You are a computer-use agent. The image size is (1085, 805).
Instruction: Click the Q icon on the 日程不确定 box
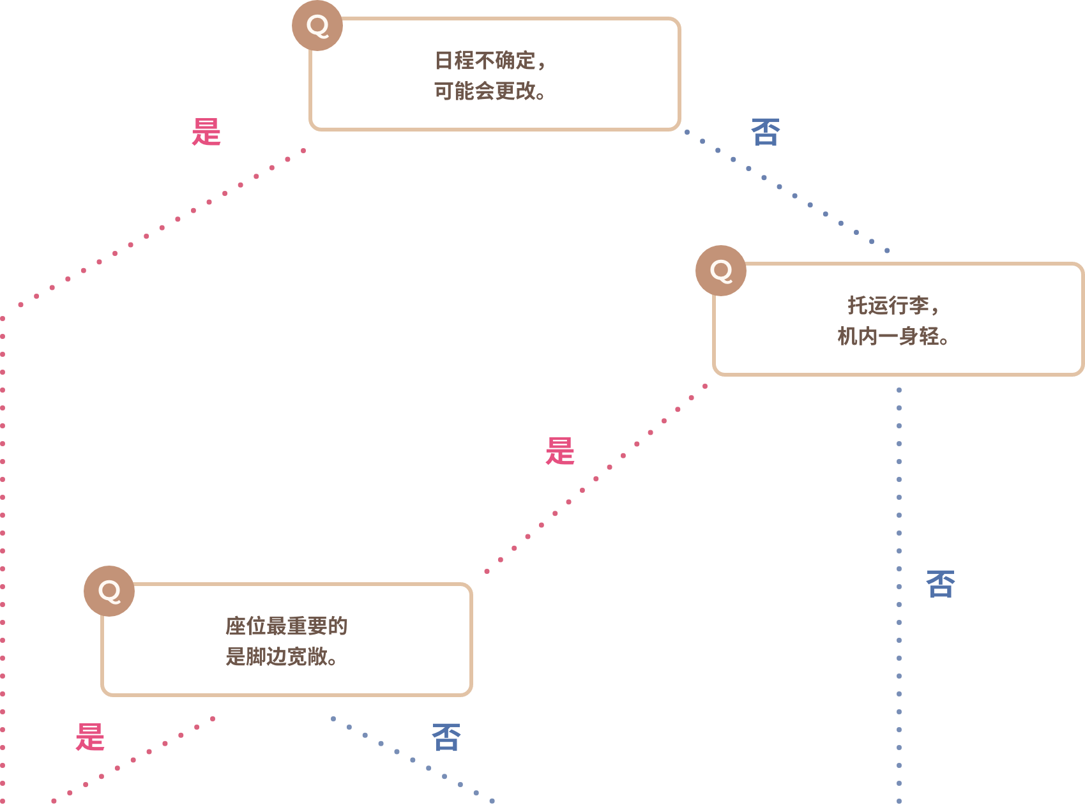tap(317, 26)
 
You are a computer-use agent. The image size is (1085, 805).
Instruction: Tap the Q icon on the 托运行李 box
tap(721, 271)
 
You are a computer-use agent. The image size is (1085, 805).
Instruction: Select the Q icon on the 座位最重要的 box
tap(109, 591)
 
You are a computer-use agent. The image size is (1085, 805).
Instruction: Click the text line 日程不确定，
tap(490, 61)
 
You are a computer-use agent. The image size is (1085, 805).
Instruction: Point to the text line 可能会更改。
tap(490, 91)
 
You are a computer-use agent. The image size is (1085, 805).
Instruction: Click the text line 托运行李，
tap(893, 306)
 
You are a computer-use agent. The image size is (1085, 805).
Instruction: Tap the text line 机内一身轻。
tap(893, 336)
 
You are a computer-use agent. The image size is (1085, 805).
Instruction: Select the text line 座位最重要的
tap(286, 626)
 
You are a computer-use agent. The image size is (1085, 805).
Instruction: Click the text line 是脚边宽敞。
tap(281, 656)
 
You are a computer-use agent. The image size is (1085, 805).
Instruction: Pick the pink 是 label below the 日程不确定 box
tap(206, 132)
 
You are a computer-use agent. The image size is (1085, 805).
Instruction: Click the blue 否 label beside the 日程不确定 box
tap(765, 132)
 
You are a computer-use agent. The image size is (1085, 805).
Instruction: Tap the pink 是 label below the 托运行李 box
tap(560, 451)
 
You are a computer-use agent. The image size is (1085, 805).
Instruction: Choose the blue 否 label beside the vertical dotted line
tap(941, 584)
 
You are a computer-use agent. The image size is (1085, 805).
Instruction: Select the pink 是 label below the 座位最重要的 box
tap(90, 737)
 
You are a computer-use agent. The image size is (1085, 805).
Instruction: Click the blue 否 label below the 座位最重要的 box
tap(446, 737)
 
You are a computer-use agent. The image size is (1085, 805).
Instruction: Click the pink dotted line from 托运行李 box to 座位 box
tap(596, 479)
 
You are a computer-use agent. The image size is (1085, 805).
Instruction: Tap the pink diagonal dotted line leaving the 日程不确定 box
tap(162, 228)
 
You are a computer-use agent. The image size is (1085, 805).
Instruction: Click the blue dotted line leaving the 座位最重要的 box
tap(413, 760)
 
